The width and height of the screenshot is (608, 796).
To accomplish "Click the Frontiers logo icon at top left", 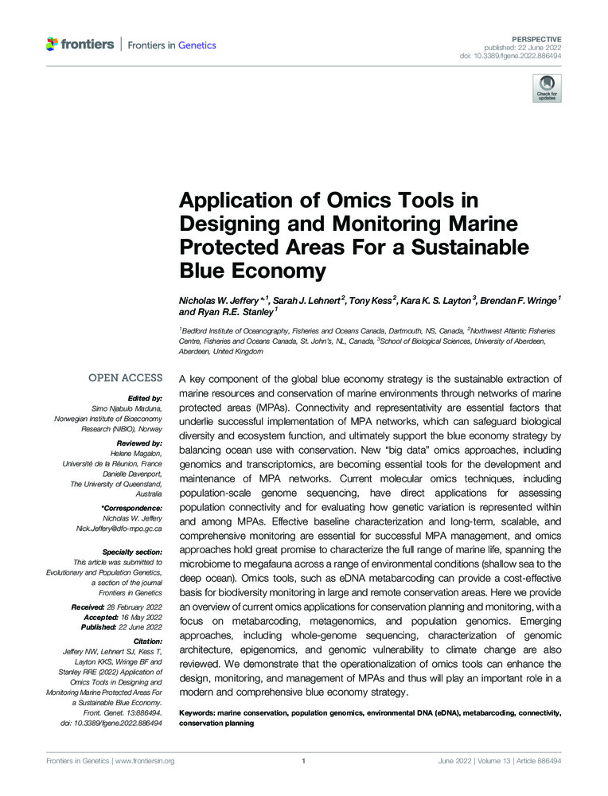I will [53, 45].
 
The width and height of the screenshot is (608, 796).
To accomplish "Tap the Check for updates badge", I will [547, 88].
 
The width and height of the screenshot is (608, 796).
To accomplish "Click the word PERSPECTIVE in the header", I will [537, 38].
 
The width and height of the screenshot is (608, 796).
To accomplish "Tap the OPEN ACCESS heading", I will [125, 379].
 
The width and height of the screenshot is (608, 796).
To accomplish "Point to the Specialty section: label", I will [129, 551].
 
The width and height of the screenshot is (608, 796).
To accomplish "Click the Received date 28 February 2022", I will [134, 608].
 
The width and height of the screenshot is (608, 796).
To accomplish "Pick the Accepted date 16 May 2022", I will [134, 618].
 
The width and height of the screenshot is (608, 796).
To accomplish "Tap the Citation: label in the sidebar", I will [146, 641].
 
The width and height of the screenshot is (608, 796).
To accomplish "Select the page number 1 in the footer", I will [304, 762].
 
